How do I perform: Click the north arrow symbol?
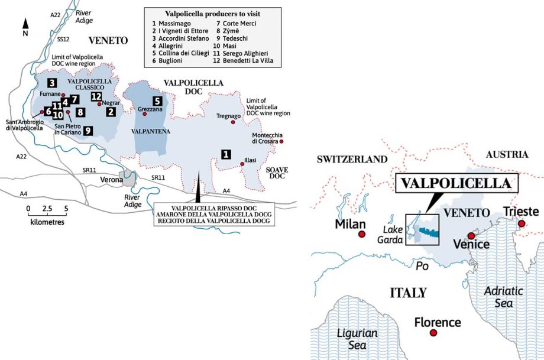pos(25,25)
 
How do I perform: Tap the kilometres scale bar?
pos(47,216)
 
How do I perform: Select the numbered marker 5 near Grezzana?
pos(157,100)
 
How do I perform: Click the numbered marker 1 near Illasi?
pos(225,154)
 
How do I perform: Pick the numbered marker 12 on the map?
pos(96,96)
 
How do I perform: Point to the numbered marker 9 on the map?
pos(88,131)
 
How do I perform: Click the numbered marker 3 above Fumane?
pos(52,83)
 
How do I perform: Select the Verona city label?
pos(106,179)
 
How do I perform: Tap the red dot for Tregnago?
pos(233,122)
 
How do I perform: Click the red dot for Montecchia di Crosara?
pos(281,141)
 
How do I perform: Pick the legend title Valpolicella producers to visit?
pos(213,13)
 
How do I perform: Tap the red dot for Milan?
pos(361,235)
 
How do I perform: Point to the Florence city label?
pos(437,323)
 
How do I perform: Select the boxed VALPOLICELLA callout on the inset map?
pos(455,183)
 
